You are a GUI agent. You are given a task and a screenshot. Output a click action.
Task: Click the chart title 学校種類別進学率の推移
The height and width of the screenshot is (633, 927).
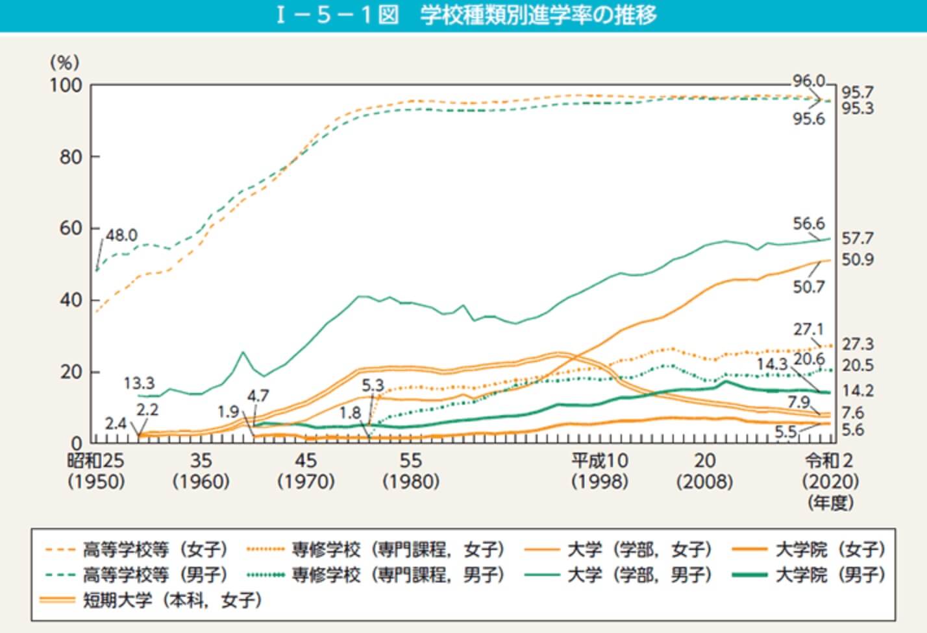click(538, 15)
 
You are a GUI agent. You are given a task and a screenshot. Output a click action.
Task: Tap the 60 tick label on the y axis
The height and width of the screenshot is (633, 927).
click(70, 228)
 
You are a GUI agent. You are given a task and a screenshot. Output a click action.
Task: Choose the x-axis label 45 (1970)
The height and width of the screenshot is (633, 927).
click(305, 471)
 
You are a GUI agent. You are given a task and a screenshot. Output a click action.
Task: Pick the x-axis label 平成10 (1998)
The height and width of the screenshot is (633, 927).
click(599, 471)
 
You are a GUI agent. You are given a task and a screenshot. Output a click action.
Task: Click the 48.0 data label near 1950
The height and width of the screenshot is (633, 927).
click(121, 235)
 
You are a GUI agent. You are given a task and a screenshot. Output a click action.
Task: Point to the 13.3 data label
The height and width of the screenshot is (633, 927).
click(139, 383)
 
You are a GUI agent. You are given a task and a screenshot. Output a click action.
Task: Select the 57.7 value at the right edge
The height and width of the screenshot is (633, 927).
click(858, 239)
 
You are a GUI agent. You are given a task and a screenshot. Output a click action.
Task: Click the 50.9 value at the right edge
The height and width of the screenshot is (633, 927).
click(858, 259)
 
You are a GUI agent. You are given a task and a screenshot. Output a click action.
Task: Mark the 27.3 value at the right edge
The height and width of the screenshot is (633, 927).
click(858, 344)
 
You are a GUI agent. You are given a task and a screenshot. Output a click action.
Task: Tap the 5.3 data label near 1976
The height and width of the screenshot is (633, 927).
click(373, 385)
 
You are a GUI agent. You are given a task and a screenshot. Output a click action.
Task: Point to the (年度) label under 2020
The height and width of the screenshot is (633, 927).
click(830, 503)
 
